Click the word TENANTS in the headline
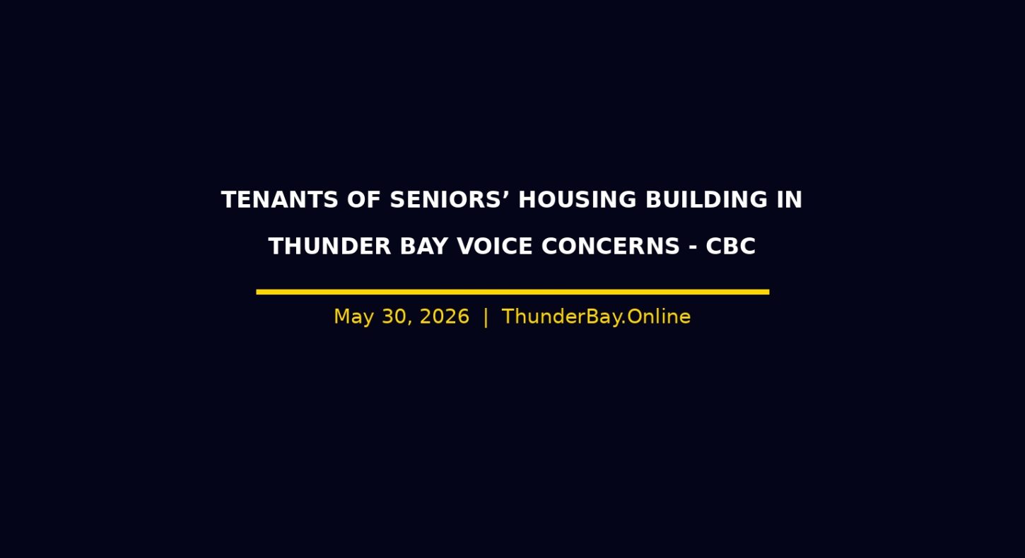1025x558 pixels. (x=280, y=200)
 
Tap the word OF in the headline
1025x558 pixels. (x=364, y=200)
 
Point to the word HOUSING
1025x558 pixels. (x=577, y=200)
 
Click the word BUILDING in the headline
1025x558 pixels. (x=706, y=200)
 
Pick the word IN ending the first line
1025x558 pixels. (x=790, y=200)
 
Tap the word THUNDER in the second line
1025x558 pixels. (x=329, y=247)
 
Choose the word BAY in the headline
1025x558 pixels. (x=423, y=247)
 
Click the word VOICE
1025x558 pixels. (x=495, y=247)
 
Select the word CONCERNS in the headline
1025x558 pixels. (x=611, y=247)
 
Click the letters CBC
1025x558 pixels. (x=730, y=247)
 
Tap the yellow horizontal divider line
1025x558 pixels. (x=512, y=292)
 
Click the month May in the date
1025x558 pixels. (x=353, y=317)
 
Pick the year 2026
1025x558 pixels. (x=445, y=316)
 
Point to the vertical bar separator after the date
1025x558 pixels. (x=486, y=317)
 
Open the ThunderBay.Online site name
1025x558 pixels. (x=596, y=316)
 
